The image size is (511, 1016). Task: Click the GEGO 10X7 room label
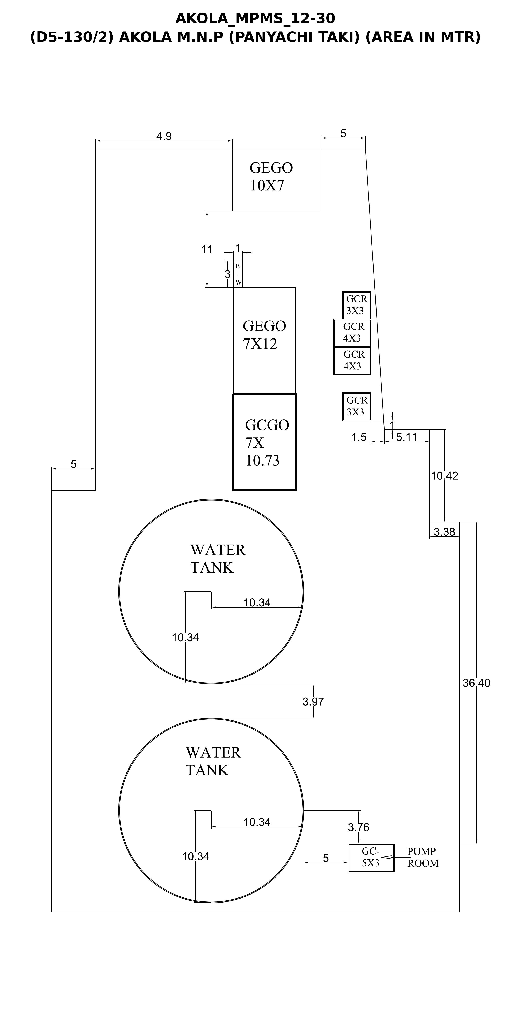coord(271,177)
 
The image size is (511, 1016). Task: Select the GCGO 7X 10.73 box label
coord(267,442)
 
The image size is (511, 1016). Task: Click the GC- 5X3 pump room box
coord(371,858)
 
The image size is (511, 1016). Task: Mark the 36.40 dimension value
coord(476,683)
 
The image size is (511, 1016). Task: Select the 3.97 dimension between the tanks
coord(313,702)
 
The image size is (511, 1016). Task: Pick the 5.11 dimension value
coord(406,437)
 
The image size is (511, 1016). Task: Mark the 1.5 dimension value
coord(359,437)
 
